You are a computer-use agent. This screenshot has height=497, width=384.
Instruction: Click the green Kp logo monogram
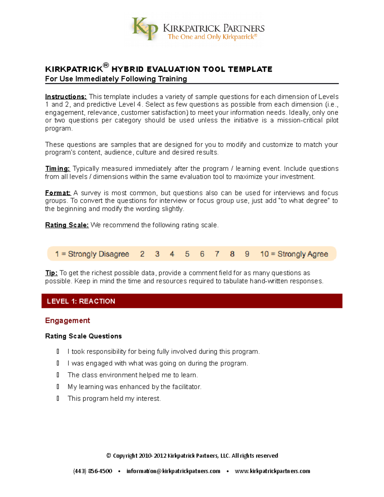[x=145, y=29]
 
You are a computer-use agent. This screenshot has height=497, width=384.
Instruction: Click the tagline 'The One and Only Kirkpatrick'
[x=212, y=37]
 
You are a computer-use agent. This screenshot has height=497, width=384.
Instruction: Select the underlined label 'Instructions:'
[x=66, y=97]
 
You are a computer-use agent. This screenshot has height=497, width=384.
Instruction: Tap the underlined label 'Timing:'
[x=58, y=169]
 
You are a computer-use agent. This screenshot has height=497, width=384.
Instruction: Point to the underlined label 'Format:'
[x=58, y=193]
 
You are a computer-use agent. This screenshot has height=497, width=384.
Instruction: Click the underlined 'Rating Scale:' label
[x=67, y=225]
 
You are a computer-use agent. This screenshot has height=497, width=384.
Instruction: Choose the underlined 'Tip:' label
[x=51, y=273]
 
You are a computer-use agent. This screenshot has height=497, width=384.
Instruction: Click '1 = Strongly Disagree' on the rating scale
[x=92, y=254]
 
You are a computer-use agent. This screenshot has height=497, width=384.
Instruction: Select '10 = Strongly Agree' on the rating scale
[x=294, y=254]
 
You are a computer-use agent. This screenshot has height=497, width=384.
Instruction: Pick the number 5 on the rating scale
[x=187, y=254]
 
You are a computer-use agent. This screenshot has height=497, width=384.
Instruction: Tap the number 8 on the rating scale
[x=232, y=254]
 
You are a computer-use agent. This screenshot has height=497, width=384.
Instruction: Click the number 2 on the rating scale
[x=142, y=254]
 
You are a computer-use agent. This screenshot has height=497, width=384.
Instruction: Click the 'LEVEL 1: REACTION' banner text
[x=81, y=301]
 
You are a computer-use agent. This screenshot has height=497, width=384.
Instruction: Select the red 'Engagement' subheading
[x=68, y=320]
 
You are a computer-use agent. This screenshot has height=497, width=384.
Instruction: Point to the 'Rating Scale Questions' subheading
[x=84, y=336]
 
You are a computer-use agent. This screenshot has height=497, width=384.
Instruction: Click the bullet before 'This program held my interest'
[x=58, y=398]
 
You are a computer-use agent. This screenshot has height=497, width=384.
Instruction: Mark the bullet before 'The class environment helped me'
[x=58, y=375]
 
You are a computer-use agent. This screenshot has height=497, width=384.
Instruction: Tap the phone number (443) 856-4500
[x=93, y=471]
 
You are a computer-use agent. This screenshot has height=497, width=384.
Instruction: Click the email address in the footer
[x=173, y=471]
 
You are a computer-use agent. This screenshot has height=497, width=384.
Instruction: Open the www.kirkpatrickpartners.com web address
[x=272, y=471]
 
